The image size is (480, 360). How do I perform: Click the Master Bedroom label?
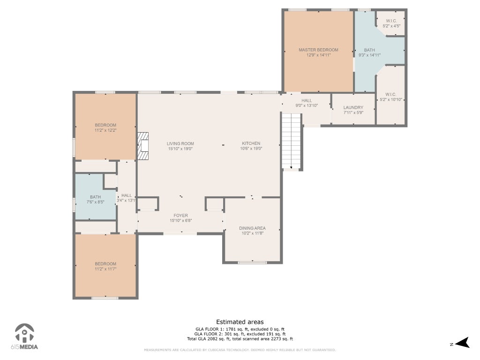[x=318, y=50]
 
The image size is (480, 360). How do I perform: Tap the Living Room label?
[x=180, y=143]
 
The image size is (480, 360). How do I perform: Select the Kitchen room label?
[x=251, y=143]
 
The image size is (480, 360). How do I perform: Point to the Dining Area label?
[x=252, y=228]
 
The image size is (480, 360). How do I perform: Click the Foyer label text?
[x=180, y=216]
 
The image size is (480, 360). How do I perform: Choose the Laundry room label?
[x=353, y=107]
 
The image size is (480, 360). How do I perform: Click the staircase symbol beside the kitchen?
[x=292, y=141]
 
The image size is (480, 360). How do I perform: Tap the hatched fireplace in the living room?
[x=143, y=146]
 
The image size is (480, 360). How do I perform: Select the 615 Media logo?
[x=24, y=337]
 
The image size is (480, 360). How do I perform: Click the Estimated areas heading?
[x=240, y=322]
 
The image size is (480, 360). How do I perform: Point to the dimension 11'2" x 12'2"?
[x=105, y=130]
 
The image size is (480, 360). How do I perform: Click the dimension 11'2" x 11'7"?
[x=105, y=269]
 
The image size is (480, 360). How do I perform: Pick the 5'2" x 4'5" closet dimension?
[x=391, y=26]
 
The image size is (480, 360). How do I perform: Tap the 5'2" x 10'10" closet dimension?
[x=391, y=99]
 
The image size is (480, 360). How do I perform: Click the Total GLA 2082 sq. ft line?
[x=240, y=339]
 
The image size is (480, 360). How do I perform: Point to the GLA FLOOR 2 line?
[x=240, y=334]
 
